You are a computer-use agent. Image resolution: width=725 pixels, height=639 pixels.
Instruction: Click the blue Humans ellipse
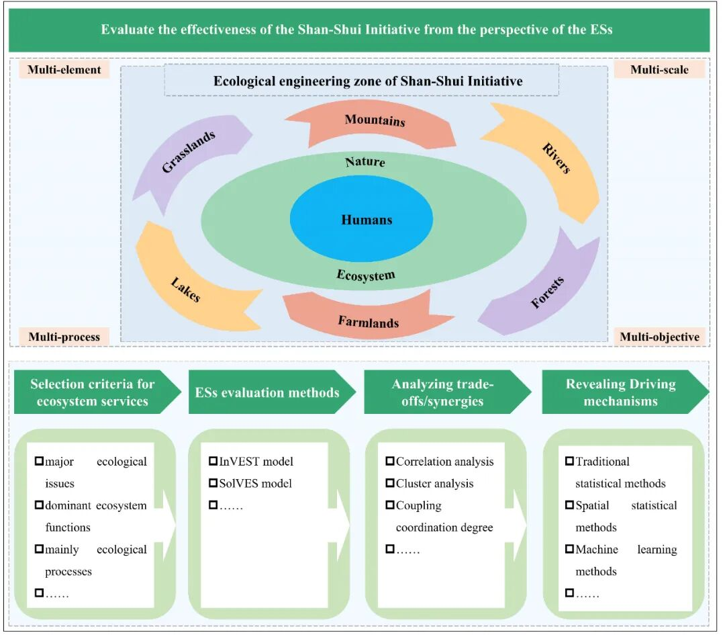[x=366, y=220]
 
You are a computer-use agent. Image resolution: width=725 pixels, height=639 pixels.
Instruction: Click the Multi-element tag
[x=64, y=69]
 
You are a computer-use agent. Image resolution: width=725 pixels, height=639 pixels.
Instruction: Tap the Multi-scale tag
[x=659, y=69]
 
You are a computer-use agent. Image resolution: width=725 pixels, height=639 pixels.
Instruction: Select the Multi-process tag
[x=64, y=337]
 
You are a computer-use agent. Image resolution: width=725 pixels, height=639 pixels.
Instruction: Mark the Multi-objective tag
[x=659, y=337]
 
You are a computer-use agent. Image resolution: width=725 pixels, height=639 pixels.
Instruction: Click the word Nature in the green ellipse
[x=365, y=162]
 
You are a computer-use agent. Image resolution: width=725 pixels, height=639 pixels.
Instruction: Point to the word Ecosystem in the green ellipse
[x=366, y=275]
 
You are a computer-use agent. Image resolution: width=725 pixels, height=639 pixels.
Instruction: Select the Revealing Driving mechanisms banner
[x=621, y=392]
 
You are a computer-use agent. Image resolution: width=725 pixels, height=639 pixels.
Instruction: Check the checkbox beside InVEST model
[x=213, y=461]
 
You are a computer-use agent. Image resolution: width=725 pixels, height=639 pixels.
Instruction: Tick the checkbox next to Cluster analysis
[x=390, y=483]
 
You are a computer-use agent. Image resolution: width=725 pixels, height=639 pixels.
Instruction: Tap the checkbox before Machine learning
[x=569, y=549]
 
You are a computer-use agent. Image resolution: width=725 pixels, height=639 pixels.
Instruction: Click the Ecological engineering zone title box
[x=361, y=81]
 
